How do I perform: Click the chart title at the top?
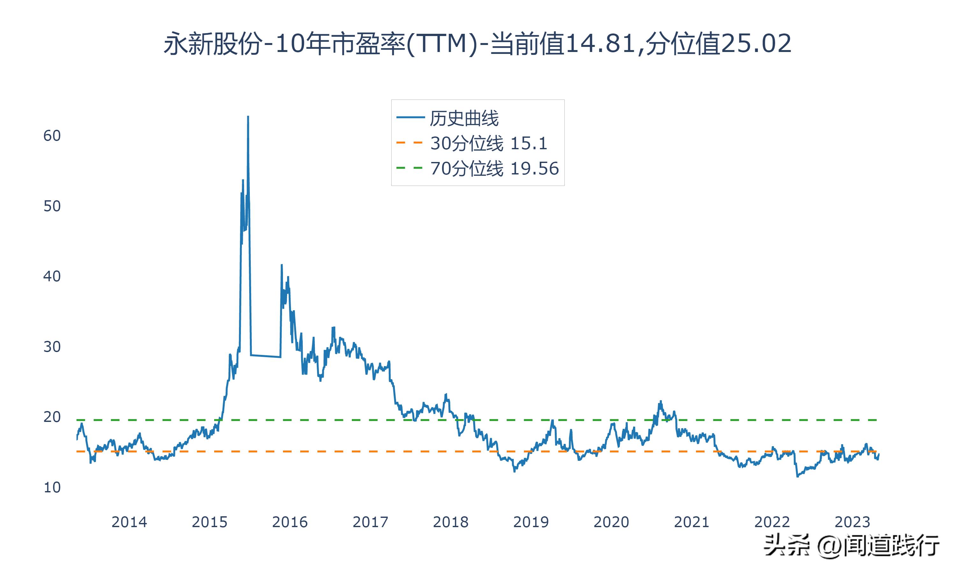478,44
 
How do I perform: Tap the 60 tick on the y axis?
52,136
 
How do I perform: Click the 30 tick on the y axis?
52,347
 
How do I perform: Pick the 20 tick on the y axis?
52,417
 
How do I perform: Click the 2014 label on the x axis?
129,522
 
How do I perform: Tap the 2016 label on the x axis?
290,522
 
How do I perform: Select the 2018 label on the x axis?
451,522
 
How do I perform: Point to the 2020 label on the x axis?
611,522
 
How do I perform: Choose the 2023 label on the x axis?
852,522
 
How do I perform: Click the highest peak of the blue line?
248,116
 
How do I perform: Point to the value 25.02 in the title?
756,44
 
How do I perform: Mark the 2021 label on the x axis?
692,522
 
